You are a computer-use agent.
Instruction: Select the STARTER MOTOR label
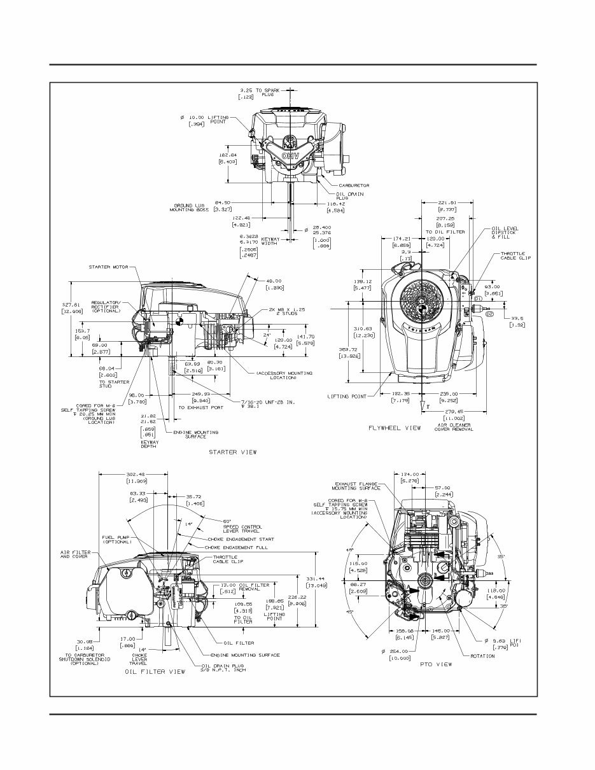109,267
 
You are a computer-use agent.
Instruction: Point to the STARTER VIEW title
233,452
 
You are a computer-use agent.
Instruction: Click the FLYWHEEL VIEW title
395,428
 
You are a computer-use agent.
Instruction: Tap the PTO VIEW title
436,664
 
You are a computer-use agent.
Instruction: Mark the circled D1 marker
477,298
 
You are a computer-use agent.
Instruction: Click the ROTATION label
482,656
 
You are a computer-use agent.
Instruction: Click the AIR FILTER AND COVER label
74,554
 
